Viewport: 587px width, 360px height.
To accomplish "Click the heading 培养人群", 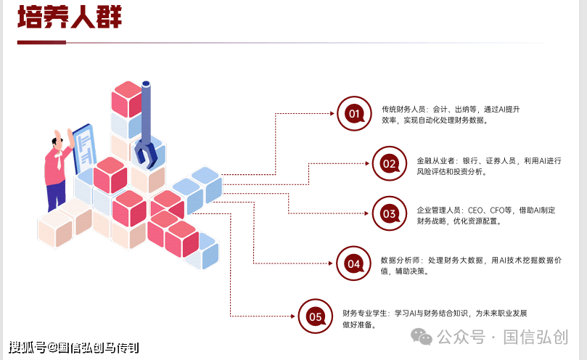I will tap(69, 17).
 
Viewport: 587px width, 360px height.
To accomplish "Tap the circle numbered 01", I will tap(354, 113).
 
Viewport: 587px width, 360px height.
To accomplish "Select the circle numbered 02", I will tap(390, 163).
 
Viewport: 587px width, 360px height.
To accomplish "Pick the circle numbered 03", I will tap(390, 213).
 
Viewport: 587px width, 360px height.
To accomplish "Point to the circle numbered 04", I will tap(354, 263).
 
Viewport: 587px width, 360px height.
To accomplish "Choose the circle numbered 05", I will tap(316, 316).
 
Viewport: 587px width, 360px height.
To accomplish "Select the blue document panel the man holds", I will tap(86, 149).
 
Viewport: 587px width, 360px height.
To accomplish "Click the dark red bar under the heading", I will tap(41, 42).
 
